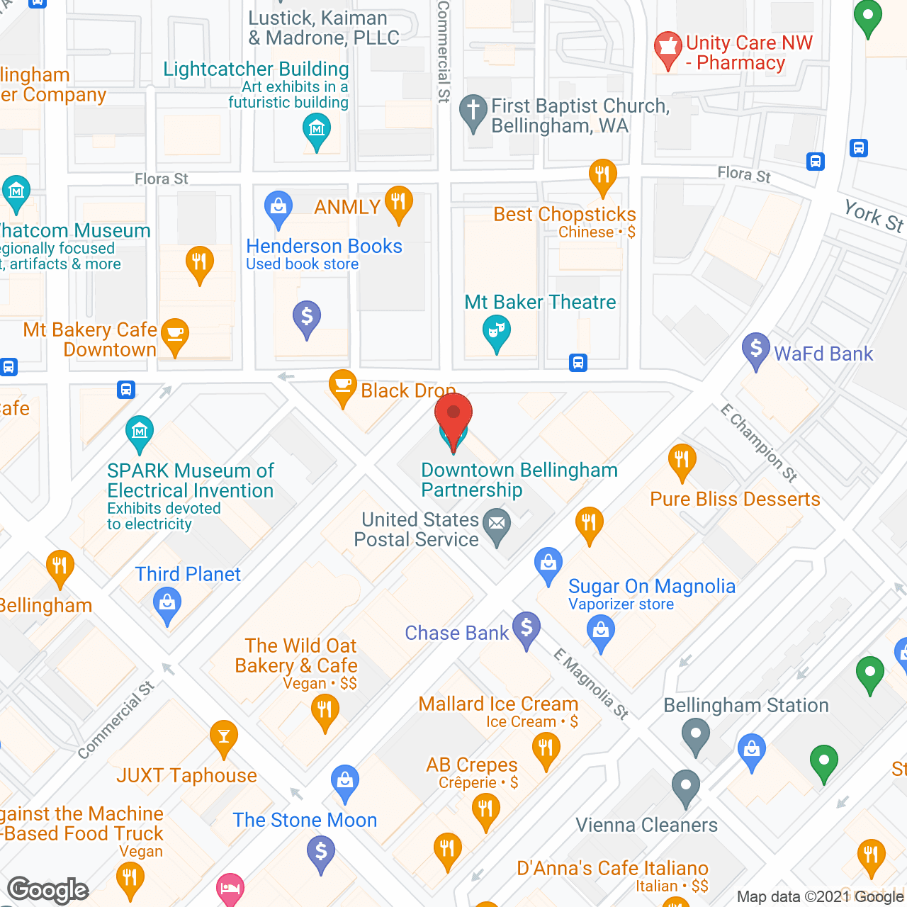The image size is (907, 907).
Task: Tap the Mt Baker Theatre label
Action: coord(540,302)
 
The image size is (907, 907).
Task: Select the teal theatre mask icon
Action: coord(497,331)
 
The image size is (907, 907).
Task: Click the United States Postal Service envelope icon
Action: coord(497,525)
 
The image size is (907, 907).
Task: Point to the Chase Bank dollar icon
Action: coord(526,628)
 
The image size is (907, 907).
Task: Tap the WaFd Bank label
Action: coord(823,354)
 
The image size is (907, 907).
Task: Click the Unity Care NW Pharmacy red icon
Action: coord(667,48)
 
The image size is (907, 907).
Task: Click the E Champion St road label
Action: coord(759,443)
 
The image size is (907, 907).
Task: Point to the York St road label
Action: coord(874,215)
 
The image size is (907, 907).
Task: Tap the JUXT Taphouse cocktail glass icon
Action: coord(224,737)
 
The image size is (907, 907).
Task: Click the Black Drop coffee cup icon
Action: coord(343,385)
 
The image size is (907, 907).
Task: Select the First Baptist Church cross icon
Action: coord(473,111)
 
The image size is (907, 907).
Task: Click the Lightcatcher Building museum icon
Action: coord(316,130)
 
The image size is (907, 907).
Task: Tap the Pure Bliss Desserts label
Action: coord(735,499)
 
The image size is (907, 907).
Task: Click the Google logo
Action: coord(48,890)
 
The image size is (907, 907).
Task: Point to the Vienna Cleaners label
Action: coord(646,825)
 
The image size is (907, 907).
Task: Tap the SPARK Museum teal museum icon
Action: coord(140,432)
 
